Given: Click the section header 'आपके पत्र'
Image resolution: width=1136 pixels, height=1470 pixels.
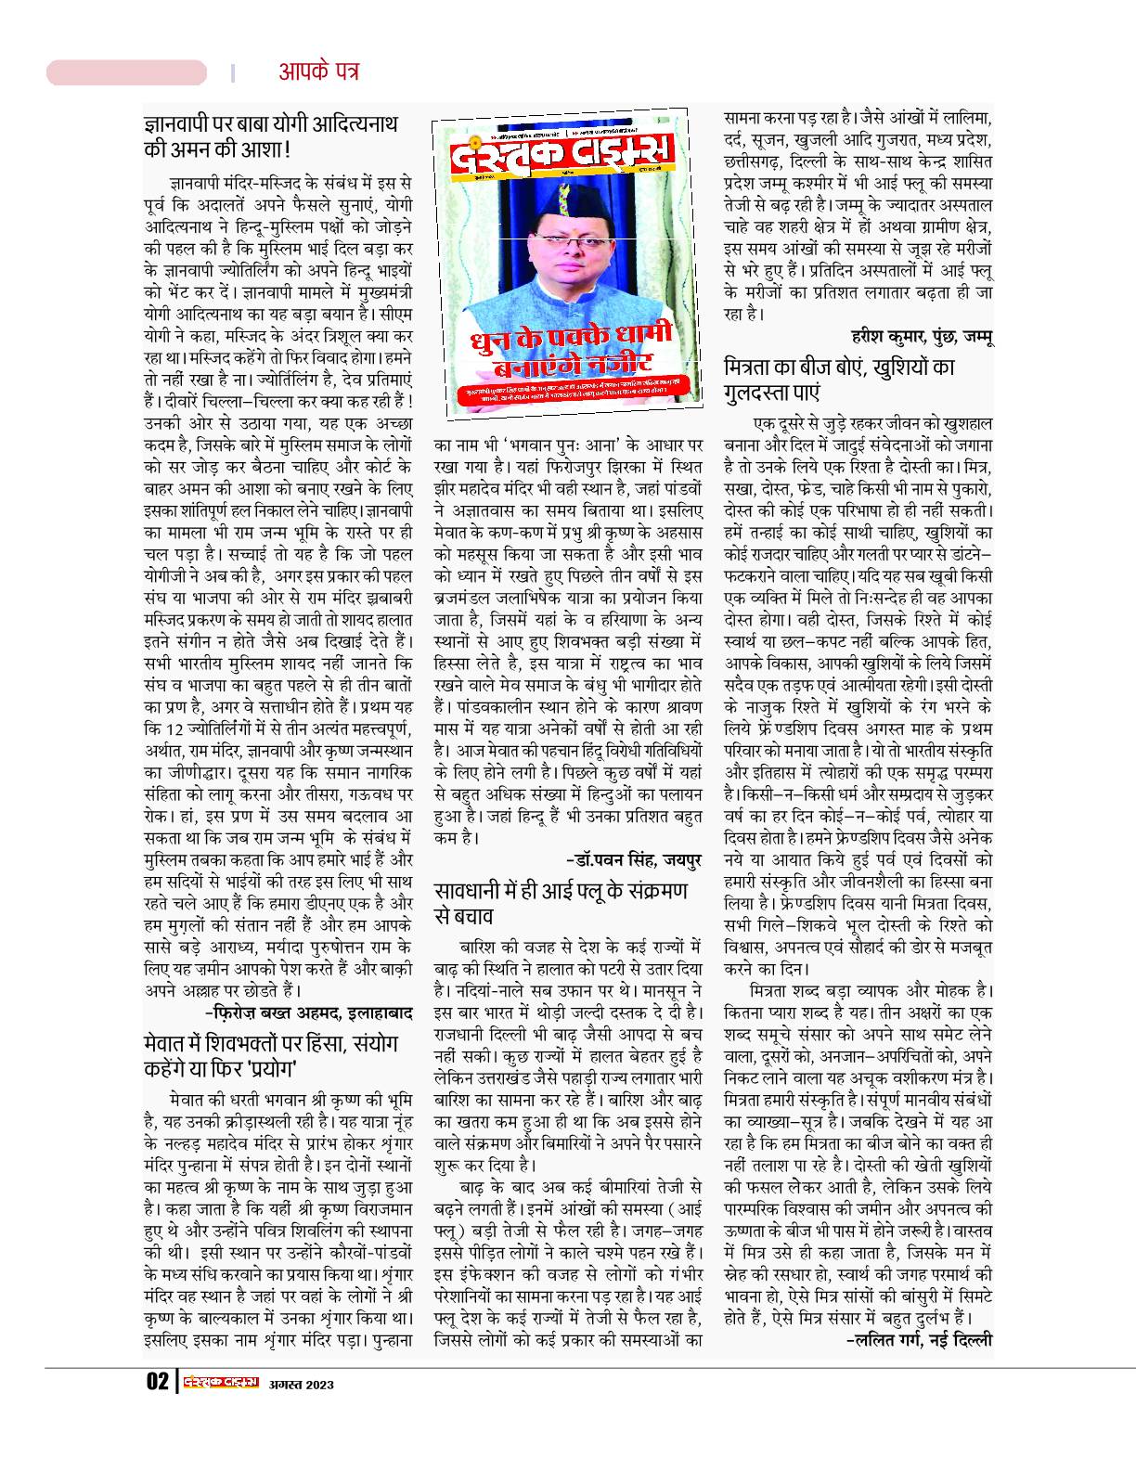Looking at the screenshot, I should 318,71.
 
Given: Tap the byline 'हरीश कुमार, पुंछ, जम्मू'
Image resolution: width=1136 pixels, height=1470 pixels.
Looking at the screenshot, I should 922,337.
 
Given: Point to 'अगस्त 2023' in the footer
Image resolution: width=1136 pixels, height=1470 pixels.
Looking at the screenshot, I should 301,1384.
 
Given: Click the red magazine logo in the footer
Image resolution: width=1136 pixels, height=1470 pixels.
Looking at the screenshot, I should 219,1382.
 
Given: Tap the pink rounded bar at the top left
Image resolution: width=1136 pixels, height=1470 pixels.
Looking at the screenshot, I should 126,72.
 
